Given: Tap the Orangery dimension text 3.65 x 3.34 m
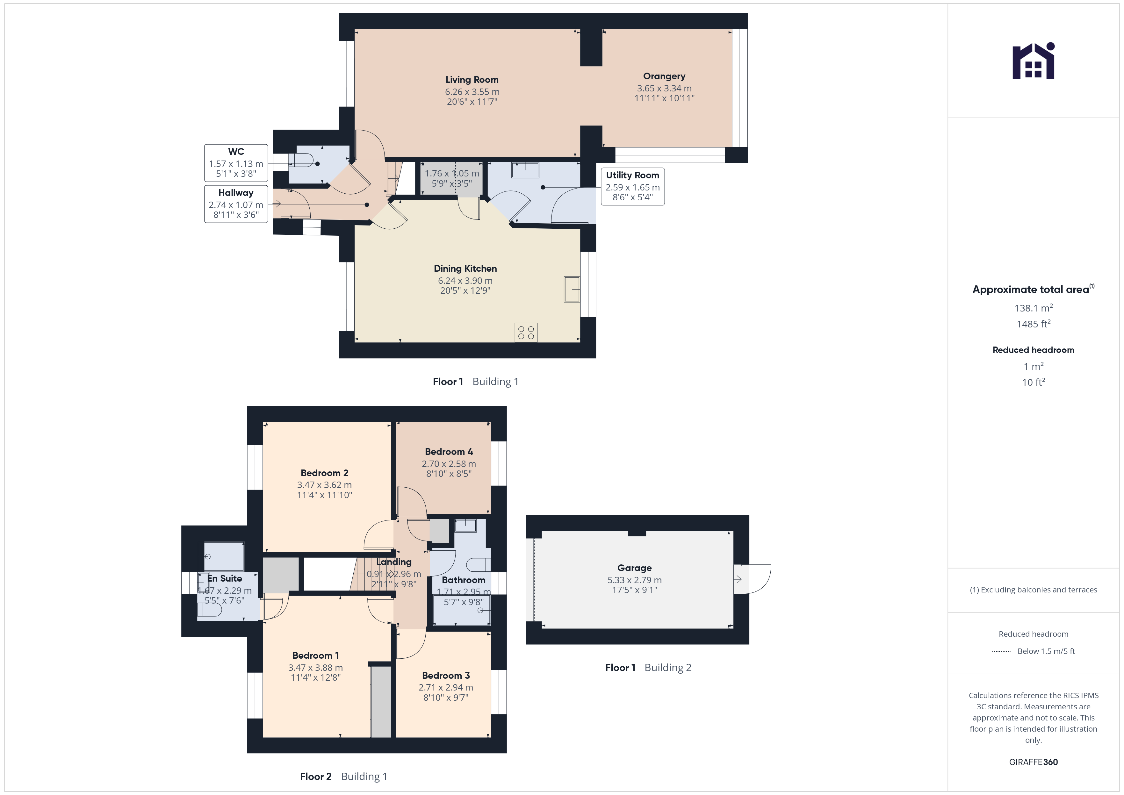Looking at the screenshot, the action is (664, 89).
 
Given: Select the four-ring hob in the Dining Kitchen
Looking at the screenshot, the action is (526, 333).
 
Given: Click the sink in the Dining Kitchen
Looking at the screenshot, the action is (572, 289).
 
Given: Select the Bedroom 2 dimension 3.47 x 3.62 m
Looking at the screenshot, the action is (325, 485).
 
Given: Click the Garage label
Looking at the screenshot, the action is (634, 568).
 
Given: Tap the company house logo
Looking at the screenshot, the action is (1034, 61).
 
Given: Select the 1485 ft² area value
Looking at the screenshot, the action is (1034, 324).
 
